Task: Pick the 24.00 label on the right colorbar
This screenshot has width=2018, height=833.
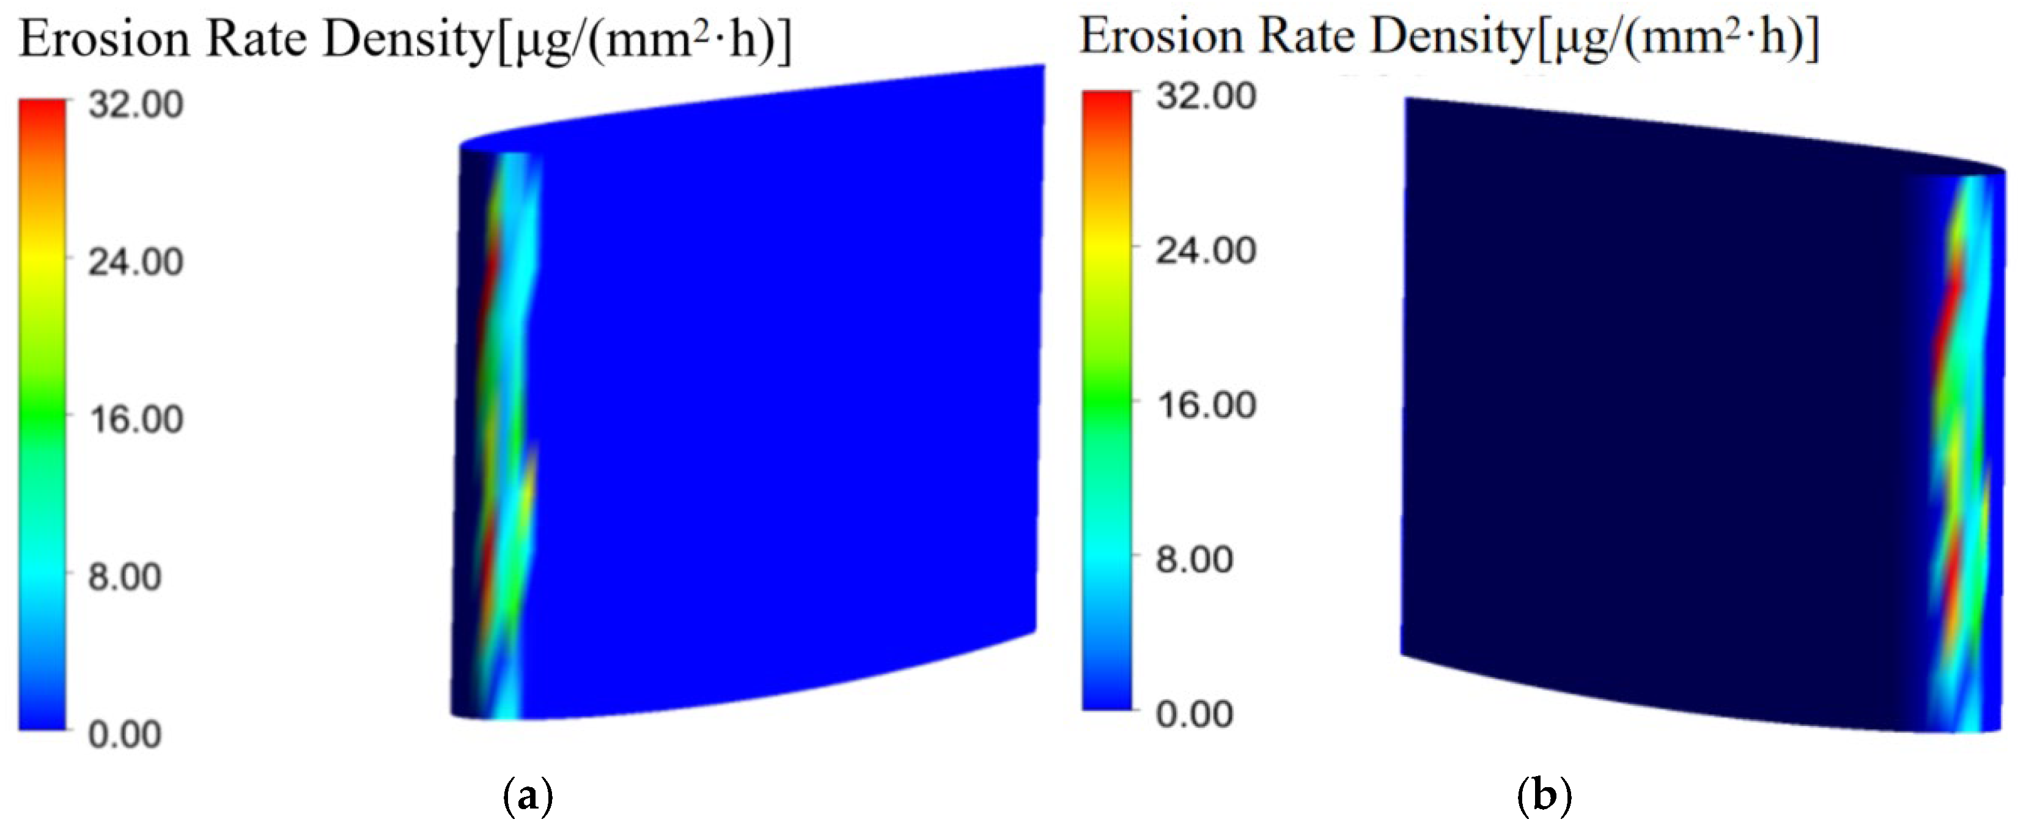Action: pyautogui.click(x=1206, y=250)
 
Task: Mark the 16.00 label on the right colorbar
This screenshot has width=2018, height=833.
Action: pyautogui.click(x=1206, y=404)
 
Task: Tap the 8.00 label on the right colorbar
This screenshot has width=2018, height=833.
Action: pyautogui.click(x=1195, y=560)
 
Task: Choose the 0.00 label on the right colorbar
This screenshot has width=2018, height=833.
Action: pyautogui.click(x=1195, y=714)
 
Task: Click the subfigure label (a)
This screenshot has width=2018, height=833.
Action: pyautogui.click(x=526, y=797)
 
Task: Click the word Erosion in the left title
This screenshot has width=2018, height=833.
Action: pyautogui.click(x=104, y=39)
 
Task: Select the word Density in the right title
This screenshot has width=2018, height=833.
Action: pyautogui.click(x=1450, y=37)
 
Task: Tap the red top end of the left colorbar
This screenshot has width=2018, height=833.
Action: pyautogui.click(x=42, y=109)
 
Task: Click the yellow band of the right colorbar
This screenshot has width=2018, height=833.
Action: pyautogui.click(x=1107, y=250)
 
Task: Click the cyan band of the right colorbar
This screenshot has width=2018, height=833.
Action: pyautogui.click(x=1107, y=560)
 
